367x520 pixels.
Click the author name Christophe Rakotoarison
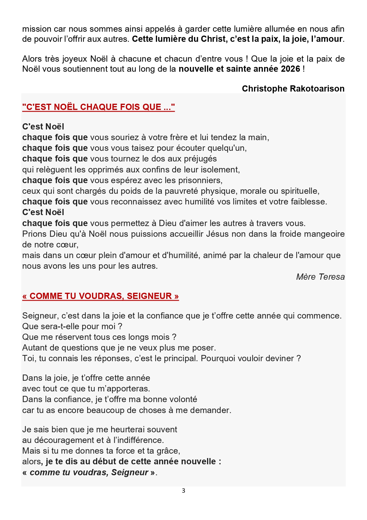click(x=293, y=89)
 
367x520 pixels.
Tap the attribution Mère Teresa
click(x=320, y=277)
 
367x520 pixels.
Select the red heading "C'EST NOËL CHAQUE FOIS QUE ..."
click(x=98, y=107)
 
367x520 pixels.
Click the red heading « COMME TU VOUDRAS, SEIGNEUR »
click(x=101, y=296)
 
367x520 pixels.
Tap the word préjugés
click(x=200, y=159)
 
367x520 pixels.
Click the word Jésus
click(x=217, y=234)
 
